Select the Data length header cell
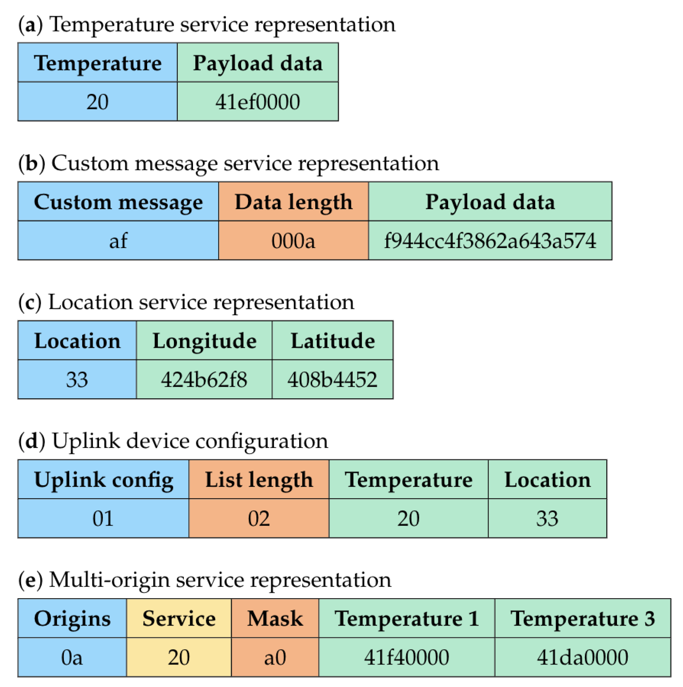(293, 202)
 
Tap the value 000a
(293, 241)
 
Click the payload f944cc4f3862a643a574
(490, 241)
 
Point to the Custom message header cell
(118, 202)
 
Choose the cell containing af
(118, 241)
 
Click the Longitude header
(204, 341)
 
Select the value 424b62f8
(204, 379)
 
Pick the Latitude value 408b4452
(332, 379)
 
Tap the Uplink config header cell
(103, 480)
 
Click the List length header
(259, 480)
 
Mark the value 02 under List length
(259, 519)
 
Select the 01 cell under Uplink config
(103, 519)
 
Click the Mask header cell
(275, 618)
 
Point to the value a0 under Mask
(275, 657)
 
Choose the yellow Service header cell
(179, 618)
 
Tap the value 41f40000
(406, 657)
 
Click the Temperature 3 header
(582, 618)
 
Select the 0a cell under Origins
(72, 657)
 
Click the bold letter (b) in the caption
(32, 164)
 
